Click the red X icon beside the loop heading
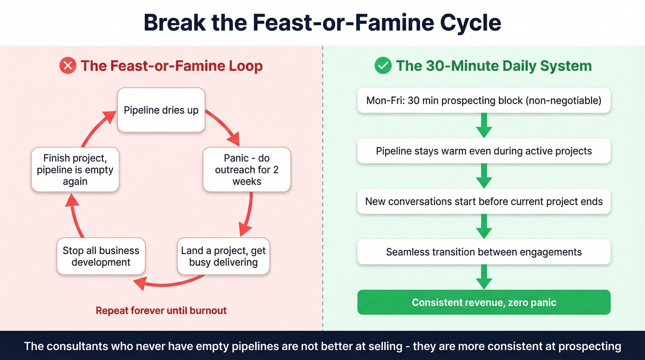point(68,66)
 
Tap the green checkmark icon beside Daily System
point(383,66)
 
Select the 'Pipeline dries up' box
point(161,110)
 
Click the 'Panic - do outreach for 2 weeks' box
point(246,170)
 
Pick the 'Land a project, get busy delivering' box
point(223,256)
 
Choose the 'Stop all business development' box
point(101,256)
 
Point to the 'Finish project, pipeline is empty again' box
point(75,170)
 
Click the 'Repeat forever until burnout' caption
point(161,311)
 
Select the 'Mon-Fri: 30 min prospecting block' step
point(484,100)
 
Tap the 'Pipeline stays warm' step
point(484,151)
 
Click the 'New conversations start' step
point(484,201)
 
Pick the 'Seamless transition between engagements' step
point(484,252)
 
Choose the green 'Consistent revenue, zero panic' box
point(484,302)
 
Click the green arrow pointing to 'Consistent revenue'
point(484,277)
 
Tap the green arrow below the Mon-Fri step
point(484,125)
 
